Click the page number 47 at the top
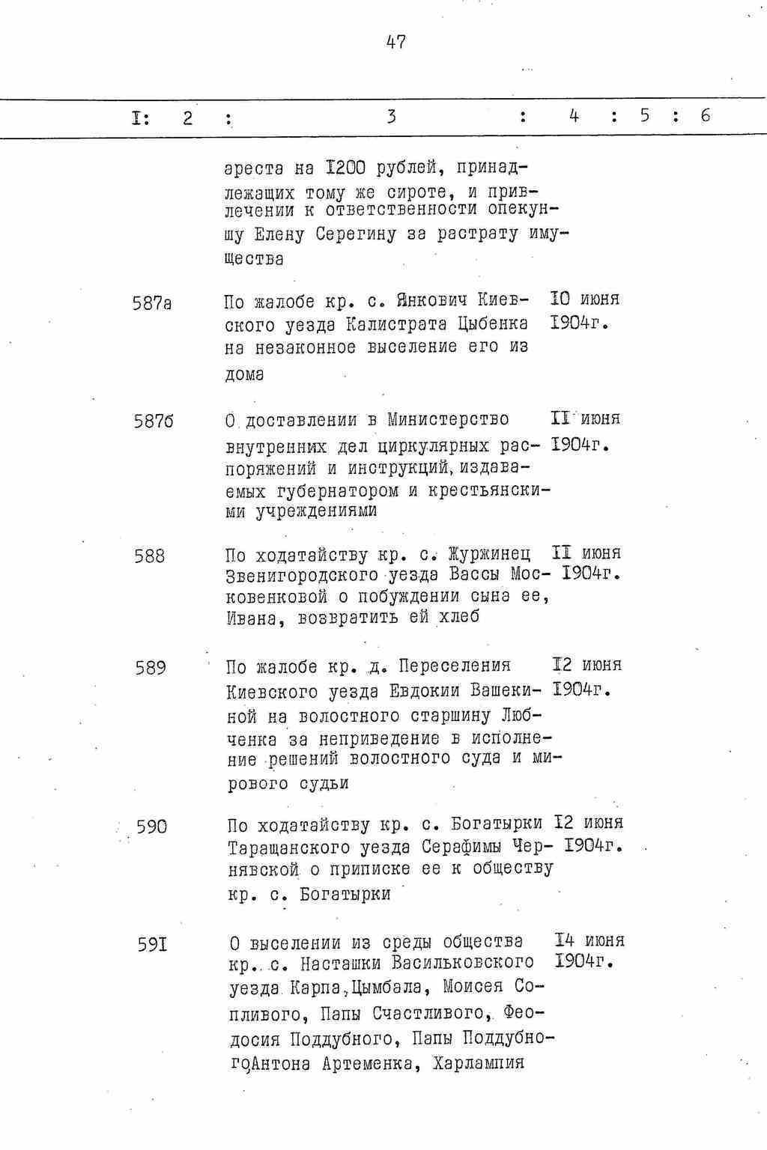[395, 43]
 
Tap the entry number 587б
[154, 422]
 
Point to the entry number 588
[150, 556]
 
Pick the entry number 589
[151, 668]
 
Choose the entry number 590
[152, 827]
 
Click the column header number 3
[391, 117]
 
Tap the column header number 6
[705, 116]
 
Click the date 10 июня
[585, 299]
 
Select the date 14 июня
[589, 940]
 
